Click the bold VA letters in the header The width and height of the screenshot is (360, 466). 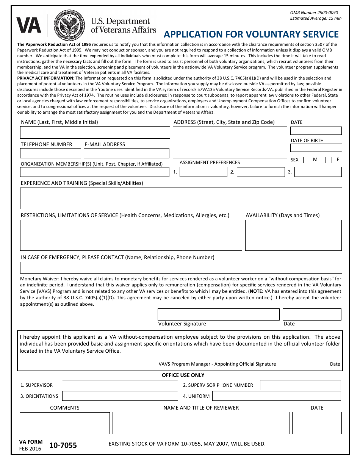tap(29, 26)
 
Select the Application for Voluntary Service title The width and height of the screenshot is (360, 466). tap(251, 34)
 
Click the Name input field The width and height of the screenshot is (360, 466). tap(95, 133)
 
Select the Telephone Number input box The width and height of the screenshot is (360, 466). tap(50, 153)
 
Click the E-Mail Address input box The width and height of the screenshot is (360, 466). tap(126, 153)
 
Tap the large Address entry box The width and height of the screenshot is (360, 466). tap(230, 142)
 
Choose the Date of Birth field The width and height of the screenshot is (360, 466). tap(316, 148)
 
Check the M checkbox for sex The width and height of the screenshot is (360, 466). tap(306, 160)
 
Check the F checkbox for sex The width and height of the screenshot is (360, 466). tap(329, 160)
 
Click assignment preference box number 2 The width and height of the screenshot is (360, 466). tap(261, 172)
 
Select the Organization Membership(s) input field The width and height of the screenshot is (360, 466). tap(94, 172)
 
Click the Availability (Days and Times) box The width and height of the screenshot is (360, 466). tap(293, 235)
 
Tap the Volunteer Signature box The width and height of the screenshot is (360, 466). tap(218, 314)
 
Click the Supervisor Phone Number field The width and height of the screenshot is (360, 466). tap(300, 385)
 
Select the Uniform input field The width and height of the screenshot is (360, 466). tap(276, 396)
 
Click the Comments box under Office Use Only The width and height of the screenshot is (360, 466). tap(64, 423)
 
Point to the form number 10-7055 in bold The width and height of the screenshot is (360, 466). tap(63, 446)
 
